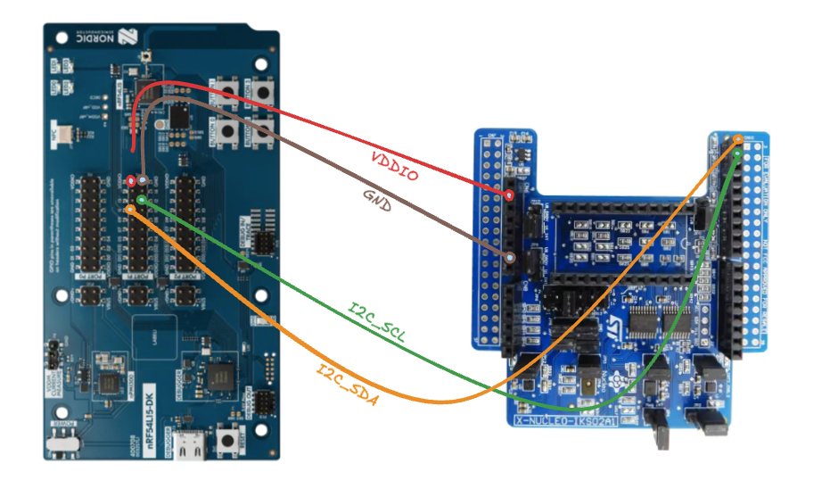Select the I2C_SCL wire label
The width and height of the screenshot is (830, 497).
pos(376,322)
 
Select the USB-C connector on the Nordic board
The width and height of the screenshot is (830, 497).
pos(189,447)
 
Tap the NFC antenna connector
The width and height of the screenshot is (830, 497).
pos(72,134)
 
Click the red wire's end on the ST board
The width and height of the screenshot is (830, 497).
pos(509,194)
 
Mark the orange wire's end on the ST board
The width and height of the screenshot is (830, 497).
pos(739,138)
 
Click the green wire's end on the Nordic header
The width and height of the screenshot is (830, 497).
pos(141,200)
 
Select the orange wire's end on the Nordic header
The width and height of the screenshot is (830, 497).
pos(131,210)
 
